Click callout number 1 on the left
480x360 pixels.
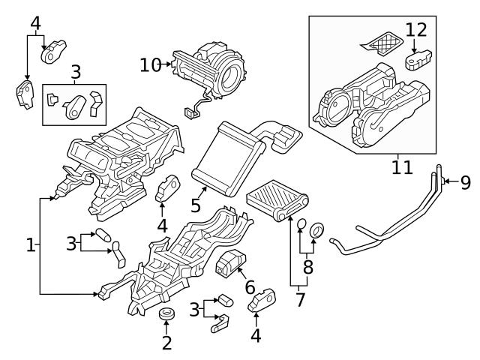point(30,244)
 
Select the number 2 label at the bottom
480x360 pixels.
point(166,343)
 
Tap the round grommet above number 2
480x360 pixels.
point(166,313)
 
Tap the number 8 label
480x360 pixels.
point(306,266)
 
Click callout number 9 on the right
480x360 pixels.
point(465,181)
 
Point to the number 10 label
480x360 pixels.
point(150,64)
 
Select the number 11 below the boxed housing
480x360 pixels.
point(402,166)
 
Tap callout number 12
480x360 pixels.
point(416,30)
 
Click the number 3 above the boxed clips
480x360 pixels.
point(76,73)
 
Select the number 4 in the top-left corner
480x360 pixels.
point(35,23)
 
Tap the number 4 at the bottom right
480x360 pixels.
point(256,336)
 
